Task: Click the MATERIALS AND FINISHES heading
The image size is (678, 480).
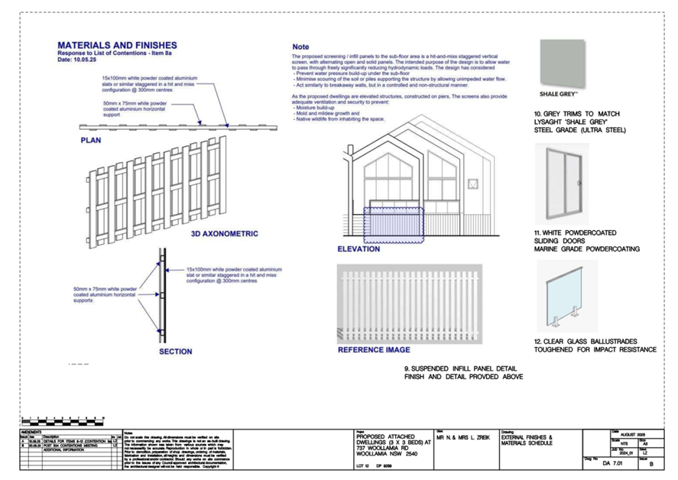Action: (x=117, y=45)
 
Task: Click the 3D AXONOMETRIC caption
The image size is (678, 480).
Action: (x=224, y=234)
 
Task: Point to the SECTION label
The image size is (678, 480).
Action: (x=175, y=352)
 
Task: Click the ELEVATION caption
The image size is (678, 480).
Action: (x=358, y=248)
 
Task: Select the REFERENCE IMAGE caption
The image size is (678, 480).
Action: (x=374, y=350)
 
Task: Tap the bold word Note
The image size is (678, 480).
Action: (x=300, y=46)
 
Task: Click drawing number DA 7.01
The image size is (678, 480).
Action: (x=617, y=463)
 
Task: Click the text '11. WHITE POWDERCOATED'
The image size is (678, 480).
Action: (x=576, y=232)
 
